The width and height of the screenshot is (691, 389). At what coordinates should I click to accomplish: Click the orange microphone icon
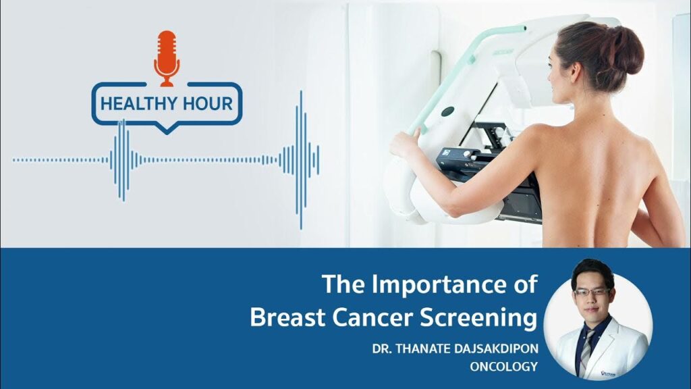click(x=166, y=57)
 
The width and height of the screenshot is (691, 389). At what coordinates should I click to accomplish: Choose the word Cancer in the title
click(x=379, y=317)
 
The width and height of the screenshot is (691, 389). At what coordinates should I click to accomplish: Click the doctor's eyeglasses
click(x=592, y=292)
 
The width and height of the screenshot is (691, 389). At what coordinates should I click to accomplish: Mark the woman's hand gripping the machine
click(x=404, y=144)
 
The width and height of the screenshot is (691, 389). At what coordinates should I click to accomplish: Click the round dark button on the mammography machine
click(x=447, y=111)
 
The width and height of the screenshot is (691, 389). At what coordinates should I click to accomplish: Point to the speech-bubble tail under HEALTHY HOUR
click(x=166, y=128)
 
